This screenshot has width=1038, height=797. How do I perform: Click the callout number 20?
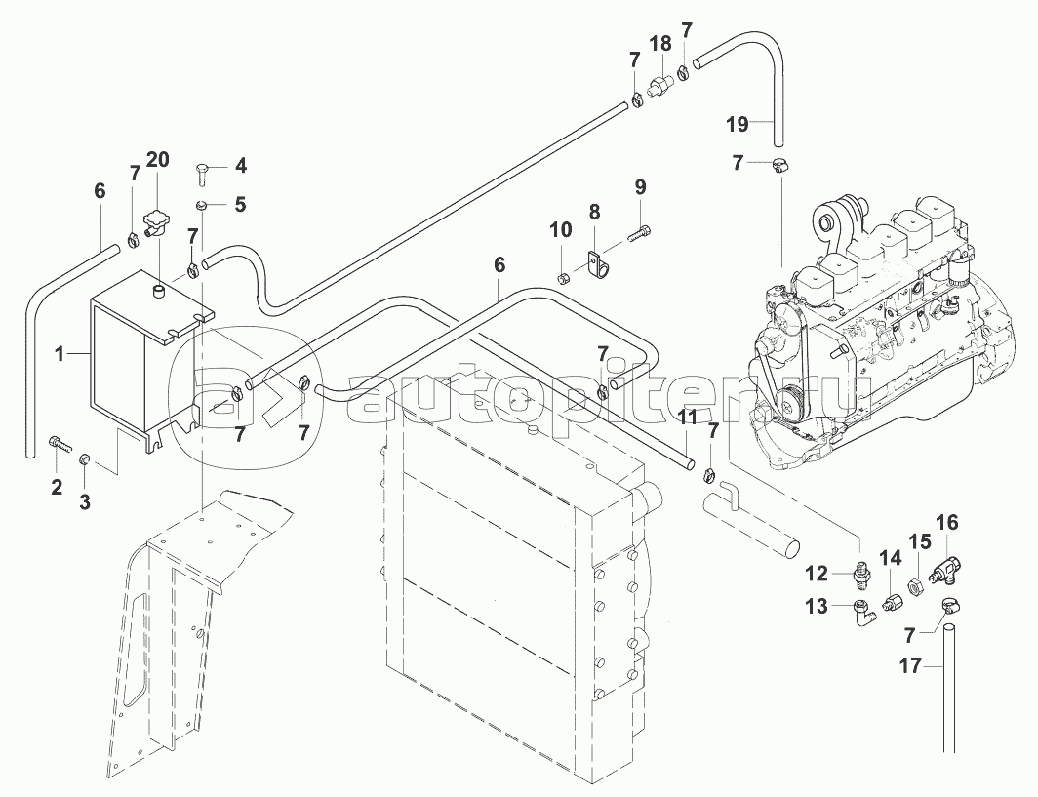click(158, 160)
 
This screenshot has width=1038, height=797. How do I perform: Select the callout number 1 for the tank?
click(60, 355)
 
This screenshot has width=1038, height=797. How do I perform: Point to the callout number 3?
click(85, 502)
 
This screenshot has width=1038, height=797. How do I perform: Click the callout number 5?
click(240, 205)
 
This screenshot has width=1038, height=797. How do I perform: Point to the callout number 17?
click(911, 665)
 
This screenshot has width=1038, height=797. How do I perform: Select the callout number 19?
click(738, 124)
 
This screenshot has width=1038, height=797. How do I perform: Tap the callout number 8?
click(594, 213)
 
